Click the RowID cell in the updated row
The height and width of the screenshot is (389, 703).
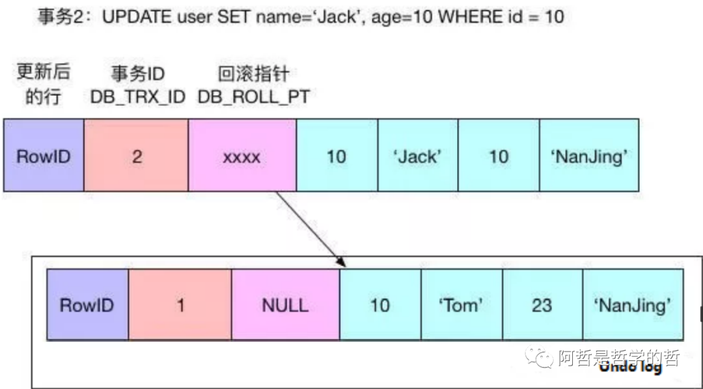tap(44, 155)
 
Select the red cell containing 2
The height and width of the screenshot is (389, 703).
tap(137, 155)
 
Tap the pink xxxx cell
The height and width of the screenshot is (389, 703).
tap(242, 155)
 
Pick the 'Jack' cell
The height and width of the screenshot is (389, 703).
tap(418, 155)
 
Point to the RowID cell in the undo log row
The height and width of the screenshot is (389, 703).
tap(87, 304)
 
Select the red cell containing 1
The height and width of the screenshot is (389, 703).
tap(180, 304)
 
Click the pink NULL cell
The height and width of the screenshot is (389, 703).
tap(285, 304)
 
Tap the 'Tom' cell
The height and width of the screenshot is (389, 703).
tap(462, 304)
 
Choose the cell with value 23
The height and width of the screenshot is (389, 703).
tap(542, 304)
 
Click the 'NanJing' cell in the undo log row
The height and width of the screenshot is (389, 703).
tap(633, 304)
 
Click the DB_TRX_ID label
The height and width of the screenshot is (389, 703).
tap(138, 97)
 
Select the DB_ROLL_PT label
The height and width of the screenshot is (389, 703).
tap(253, 97)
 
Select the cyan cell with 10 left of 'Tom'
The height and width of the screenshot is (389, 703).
tap(380, 304)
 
